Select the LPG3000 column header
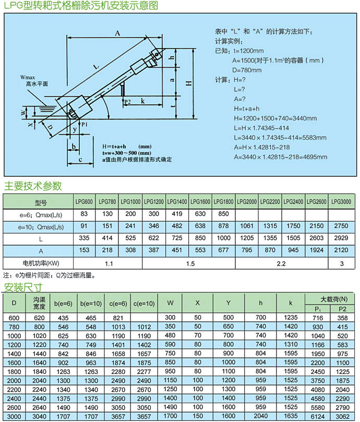tap(342, 201)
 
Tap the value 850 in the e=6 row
tap(224, 214)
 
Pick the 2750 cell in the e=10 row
tap(342, 227)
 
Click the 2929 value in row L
tap(342, 239)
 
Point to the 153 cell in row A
tap(84, 251)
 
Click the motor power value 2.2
tap(281, 264)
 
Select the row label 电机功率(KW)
tap(38, 264)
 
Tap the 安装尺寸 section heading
tap(23, 287)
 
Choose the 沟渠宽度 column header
tap(40, 303)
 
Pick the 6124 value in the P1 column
tap(318, 417)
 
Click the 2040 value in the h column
tap(261, 417)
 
